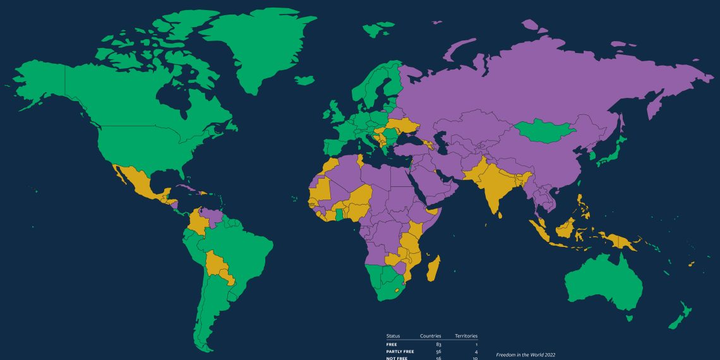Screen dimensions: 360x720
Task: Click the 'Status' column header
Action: pyautogui.click(x=393, y=336)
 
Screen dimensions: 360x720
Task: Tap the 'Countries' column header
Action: pyautogui.click(x=431, y=336)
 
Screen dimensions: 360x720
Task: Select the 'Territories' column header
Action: pyautogui.click(x=466, y=336)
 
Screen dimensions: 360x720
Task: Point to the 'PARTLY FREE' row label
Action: pyautogui.click(x=400, y=351)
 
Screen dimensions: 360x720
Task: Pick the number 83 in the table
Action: pyautogui.click(x=438, y=344)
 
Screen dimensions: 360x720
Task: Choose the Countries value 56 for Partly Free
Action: pyautogui.click(x=438, y=351)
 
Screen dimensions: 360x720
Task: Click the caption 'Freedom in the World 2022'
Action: pyautogui.click(x=525, y=355)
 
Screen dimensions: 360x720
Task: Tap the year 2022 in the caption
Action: pyautogui.click(x=548, y=355)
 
